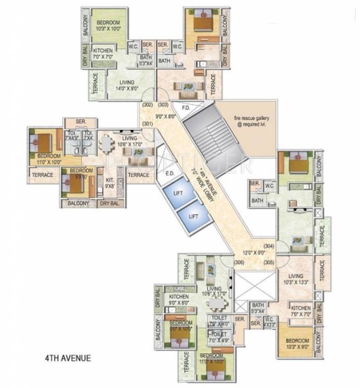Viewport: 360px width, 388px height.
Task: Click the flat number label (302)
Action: click(148, 106)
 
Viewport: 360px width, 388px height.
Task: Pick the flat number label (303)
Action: click(163, 106)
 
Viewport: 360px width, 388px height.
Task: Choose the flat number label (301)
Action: click(148, 123)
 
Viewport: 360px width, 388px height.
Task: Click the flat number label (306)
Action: click(239, 262)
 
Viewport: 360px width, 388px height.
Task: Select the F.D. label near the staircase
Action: click(186, 107)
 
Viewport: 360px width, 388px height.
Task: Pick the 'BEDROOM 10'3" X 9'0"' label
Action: click(296, 343)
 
